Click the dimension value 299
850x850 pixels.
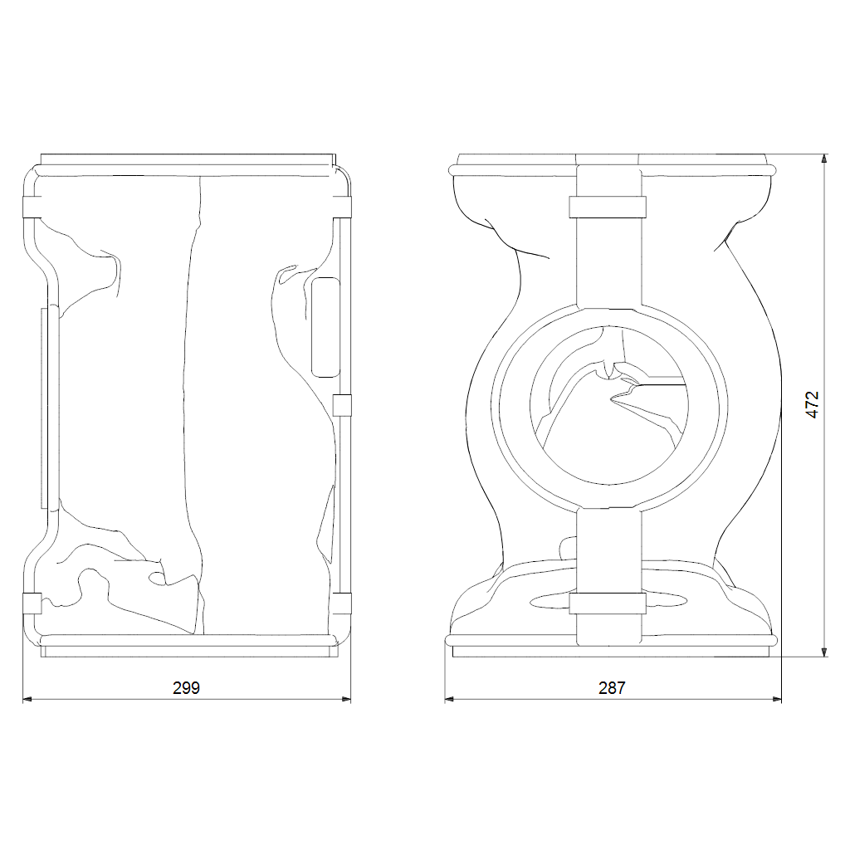pyautogui.click(x=186, y=688)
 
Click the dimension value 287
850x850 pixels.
pyautogui.click(x=612, y=688)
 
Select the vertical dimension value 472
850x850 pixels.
pyautogui.click(x=812, y=404)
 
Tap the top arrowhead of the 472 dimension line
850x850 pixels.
pyautogui.click(x=824, y=159)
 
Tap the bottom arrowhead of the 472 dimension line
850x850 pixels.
pyautogui.click(x=824, y=652)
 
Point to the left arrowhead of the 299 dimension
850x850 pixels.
pyautogui.click(x=27, y=699)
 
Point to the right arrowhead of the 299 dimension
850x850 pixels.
pyautogui.click(x=346, y=699)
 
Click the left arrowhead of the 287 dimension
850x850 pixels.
pyautogui.click(x=449, y=699)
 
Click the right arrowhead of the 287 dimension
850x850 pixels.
pyautogui.click(x=777, y=699)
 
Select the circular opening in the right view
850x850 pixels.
pyautogui.click(x=608, y=405)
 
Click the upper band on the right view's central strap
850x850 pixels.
pyautogui.click(x=608, y=207)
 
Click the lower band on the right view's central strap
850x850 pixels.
pyautogui.click(x=608, y=603)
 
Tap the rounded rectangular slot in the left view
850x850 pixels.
pyautogui.click(x=325, y=327)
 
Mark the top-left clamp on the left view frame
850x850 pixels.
pyautogui.click(x=32, y=207)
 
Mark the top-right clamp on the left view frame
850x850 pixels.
pyautogui.click(x=341, y=207)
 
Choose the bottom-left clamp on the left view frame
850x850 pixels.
pyautogui.click(x=32, y=603)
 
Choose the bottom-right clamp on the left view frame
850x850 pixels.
pyautogui.click(x=341, y=603)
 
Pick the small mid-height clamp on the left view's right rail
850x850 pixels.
pyautogui.click(x=341, y=405)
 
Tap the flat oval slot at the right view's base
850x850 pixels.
pyautogui.click(x=608, y=601)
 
